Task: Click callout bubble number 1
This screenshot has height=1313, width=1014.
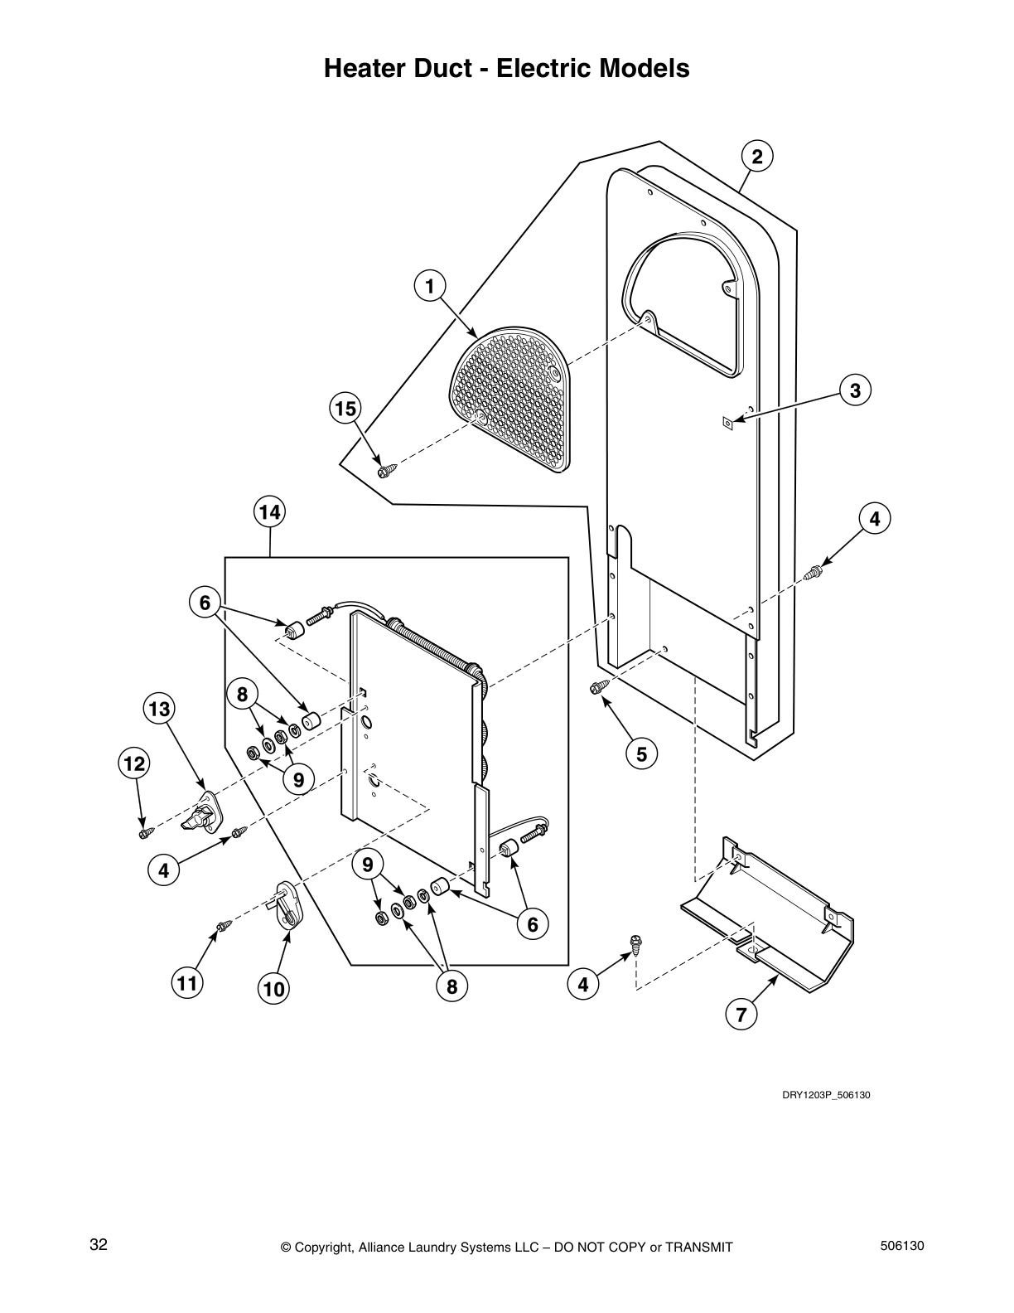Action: [x=429, y=286]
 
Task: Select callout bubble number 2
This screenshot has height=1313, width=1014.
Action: [x=756, y=156]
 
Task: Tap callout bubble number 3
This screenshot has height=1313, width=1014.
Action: [x=854, y=390]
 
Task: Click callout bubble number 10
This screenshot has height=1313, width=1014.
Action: [x=274, y=988]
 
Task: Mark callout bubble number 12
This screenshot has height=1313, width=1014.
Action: [x=134, y=763]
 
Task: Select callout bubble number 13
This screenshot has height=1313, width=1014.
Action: [x=159, y=709]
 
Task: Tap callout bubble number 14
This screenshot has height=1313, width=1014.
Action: [x=269, y=512]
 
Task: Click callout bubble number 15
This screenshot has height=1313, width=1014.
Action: [x=345, y=409]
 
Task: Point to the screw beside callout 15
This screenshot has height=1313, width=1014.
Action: [x=387, y=472]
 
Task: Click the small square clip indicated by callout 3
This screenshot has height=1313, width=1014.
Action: [x=727, y=423]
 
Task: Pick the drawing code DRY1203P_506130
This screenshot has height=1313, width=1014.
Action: [x=826, y=1095]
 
